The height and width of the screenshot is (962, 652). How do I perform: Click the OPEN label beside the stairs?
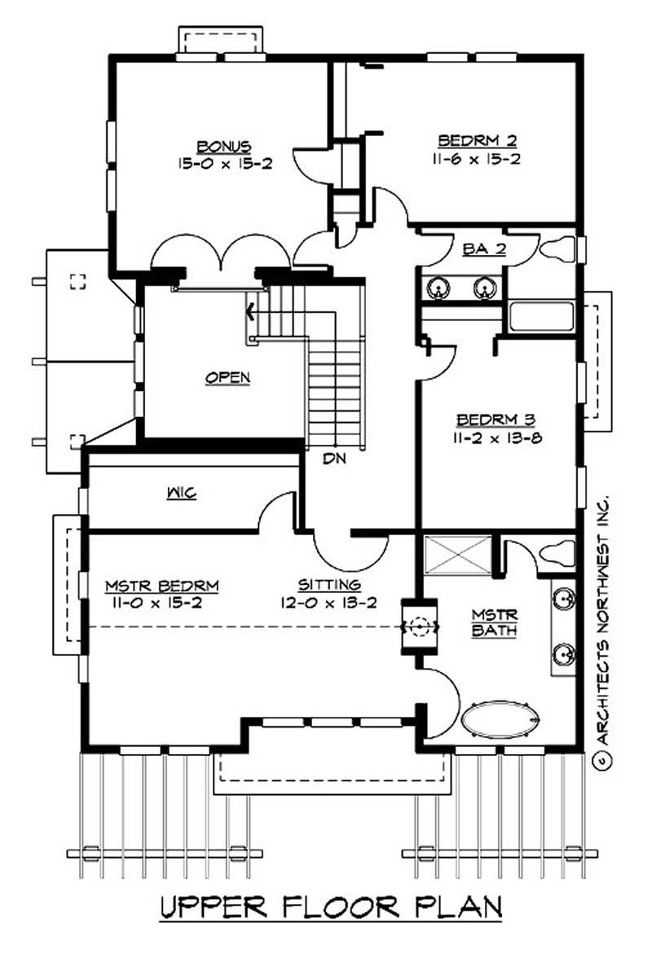227,377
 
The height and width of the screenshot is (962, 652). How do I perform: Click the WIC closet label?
182,493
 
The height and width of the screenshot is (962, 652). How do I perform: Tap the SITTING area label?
328,585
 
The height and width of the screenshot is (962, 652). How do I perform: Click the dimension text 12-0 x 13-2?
328,603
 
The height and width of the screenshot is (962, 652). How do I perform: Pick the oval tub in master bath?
500,720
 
